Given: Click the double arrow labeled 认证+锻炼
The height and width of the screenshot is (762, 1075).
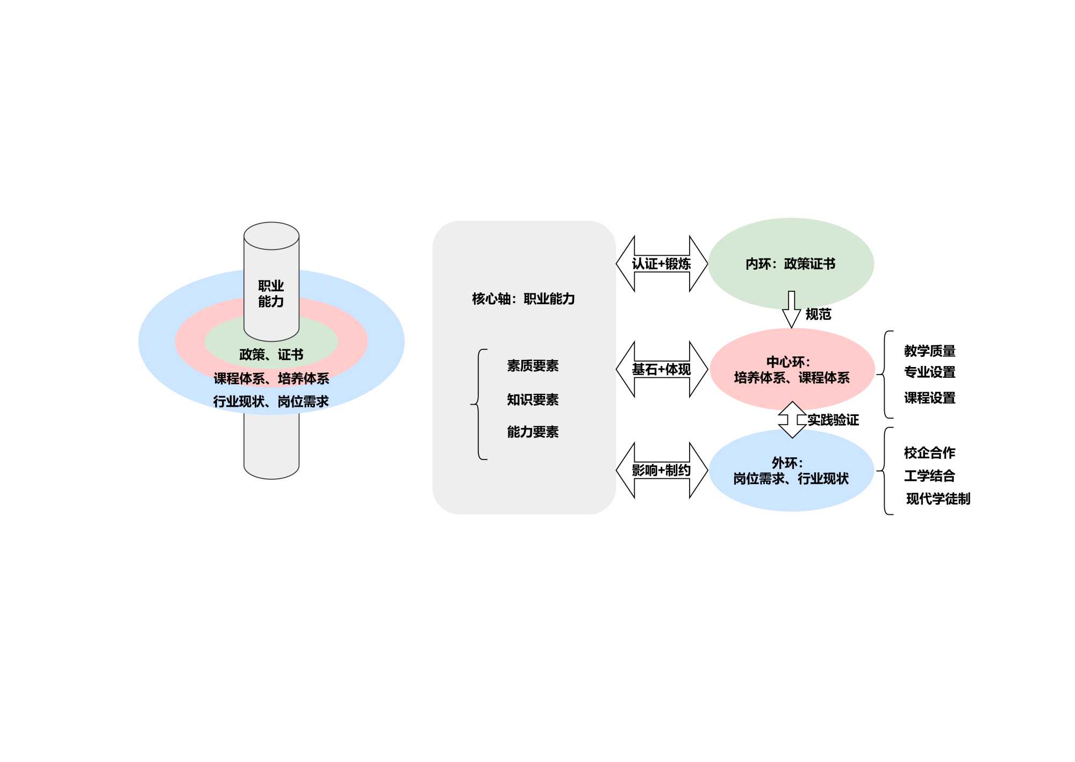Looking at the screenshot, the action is tap(661, 264).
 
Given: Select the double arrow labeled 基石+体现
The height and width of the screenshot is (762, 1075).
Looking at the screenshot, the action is tap(661, 369).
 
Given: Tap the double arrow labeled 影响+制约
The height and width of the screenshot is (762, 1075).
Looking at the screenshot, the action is tap(661, 470).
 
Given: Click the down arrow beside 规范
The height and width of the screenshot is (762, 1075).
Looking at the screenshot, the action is tap(791, 310).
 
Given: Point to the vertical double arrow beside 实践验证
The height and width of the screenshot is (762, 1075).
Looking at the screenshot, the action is tap(792, 420).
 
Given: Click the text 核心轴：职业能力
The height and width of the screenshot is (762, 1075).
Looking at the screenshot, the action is tap(523, 299).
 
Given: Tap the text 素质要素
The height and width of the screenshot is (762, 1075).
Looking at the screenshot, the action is tap(533, 366).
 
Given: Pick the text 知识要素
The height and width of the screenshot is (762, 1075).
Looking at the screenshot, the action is tap(533, 400).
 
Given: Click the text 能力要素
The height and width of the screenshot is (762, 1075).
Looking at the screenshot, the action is tap(533, 432).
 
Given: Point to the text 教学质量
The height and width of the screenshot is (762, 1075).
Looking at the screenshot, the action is tap(929, 351).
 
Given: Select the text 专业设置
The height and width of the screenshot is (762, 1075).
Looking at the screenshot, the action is tap(929, 372).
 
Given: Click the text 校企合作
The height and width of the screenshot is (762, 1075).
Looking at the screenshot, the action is tap(929, 453).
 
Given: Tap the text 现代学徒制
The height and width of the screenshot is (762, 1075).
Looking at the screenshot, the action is tap(938, 499).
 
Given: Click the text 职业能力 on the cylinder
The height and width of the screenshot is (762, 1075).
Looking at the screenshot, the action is tap(271, 293).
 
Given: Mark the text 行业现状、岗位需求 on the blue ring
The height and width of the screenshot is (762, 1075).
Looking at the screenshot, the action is tap(271, 401).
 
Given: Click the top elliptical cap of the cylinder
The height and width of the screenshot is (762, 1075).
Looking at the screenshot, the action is tap(271, 236).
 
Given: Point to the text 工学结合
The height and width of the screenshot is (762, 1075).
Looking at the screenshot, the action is tap(929, 476).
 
